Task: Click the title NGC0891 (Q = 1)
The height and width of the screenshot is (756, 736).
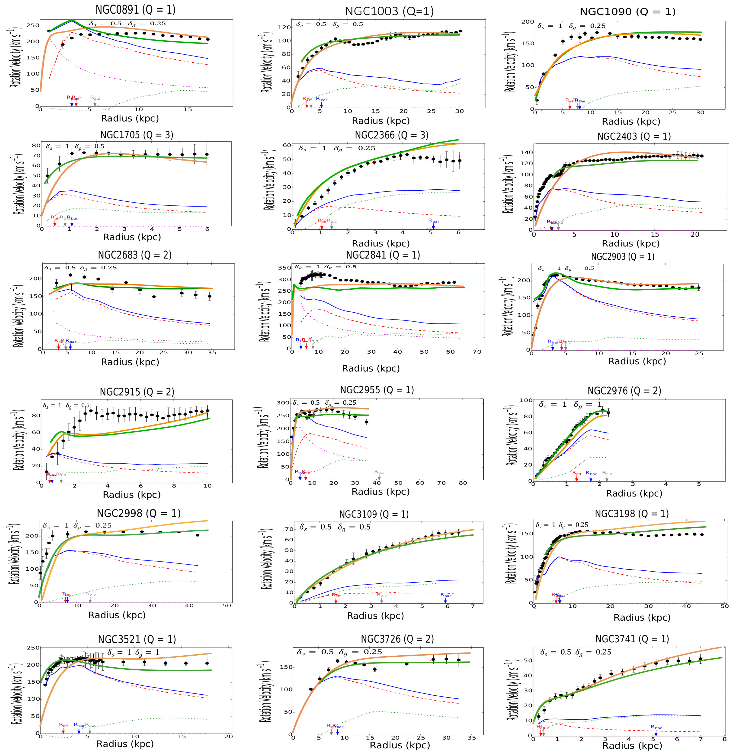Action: click(x=135, y=10)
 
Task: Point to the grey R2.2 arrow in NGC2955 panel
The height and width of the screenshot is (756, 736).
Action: click(x=379, y=477)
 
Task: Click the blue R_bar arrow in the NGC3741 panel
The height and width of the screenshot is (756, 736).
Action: click(x=656, y=733)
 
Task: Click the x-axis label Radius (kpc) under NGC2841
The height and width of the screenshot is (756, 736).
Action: click(x=370, y=368)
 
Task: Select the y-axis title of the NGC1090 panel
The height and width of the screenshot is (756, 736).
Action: click(x=509, y=62)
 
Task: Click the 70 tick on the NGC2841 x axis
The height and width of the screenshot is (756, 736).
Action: click(x=477, y=352)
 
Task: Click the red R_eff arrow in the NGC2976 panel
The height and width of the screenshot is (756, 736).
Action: click(x=576, y=478)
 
